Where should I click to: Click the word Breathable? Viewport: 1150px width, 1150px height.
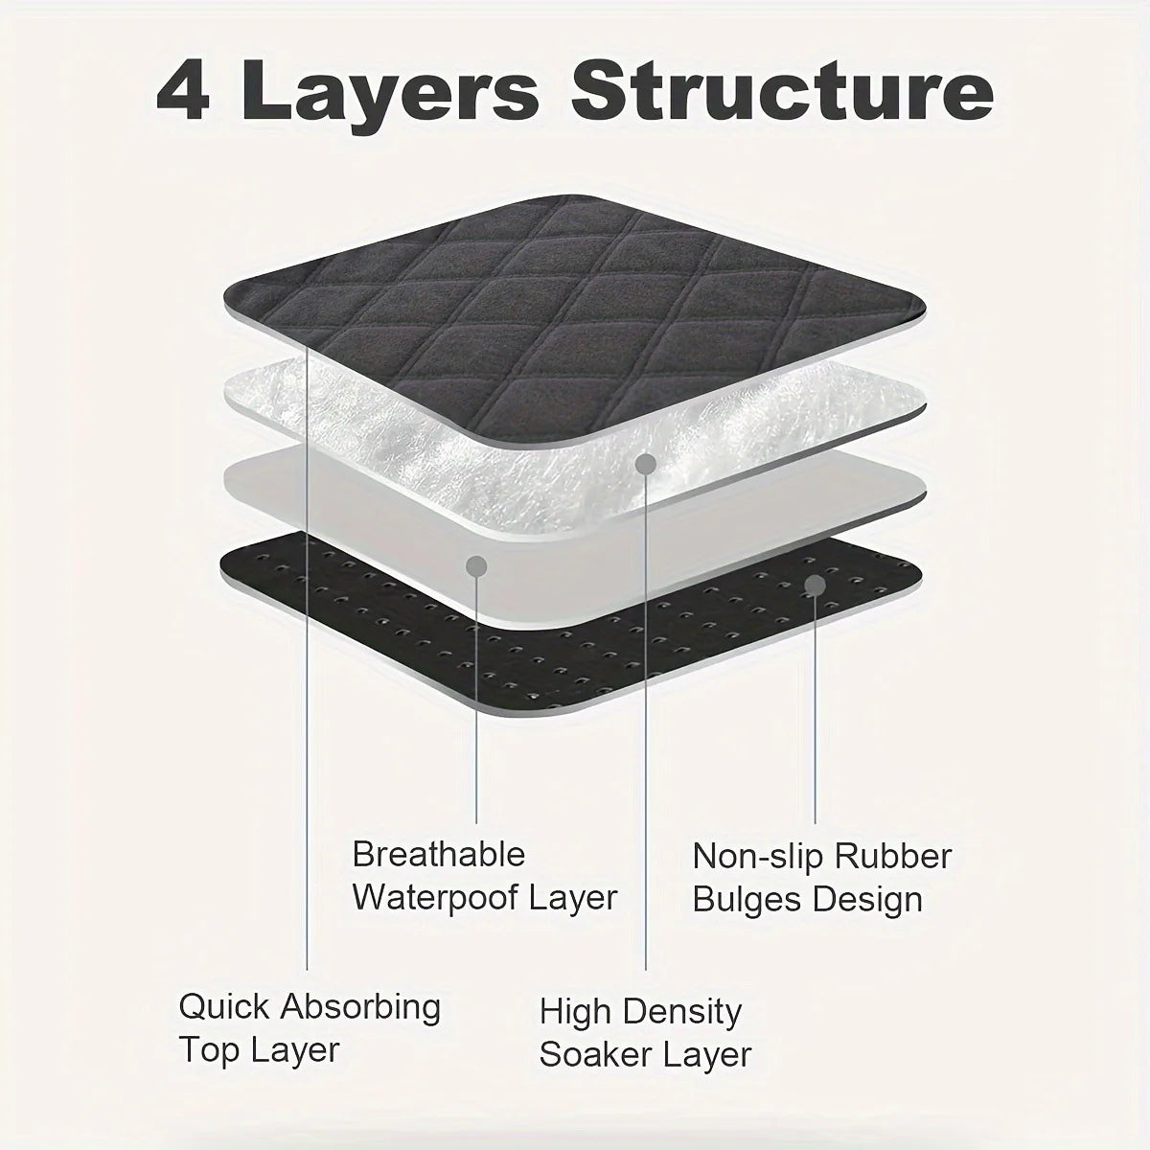click(x=439, y=854)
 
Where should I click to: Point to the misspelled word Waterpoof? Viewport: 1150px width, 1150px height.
click(x=434, y=898)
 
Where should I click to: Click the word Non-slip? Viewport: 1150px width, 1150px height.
click(x=757, y=857)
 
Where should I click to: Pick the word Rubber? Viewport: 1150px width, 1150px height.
click(x=893, y=857)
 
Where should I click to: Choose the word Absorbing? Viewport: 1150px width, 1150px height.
click(x=360, y=1008)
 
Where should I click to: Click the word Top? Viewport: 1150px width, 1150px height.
click(x=208, y=1050)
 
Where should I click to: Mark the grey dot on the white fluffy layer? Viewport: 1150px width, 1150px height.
click(x=646, y=464)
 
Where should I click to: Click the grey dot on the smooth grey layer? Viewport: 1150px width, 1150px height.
click(x=476, y=566)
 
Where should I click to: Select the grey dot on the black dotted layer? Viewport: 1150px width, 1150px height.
click(x=816, y=586)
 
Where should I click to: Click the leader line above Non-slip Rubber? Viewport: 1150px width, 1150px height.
click(x=816, y=710)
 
